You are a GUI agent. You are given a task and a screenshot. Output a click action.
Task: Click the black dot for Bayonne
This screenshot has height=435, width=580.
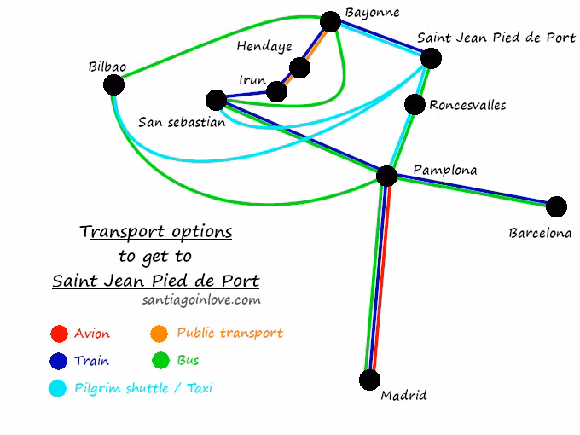click(x=330, y=23)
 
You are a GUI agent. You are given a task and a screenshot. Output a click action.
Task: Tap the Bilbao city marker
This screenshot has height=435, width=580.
click(x=113, y=84)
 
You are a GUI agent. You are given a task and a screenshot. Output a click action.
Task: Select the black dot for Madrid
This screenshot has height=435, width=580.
click(x=369, y=380)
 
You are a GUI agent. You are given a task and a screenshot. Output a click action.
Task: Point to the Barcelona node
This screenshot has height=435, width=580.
click(x=556, y=206)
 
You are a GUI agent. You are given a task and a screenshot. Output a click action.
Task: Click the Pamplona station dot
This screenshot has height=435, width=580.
click(x=386, y=176)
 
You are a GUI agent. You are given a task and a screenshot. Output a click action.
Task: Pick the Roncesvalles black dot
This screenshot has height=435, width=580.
click(x=415, y=104)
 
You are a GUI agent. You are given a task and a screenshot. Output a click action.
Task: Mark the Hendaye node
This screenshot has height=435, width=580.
click(x=299, y=67)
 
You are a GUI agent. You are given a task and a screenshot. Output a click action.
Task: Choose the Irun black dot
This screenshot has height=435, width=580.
click(x=276, y=91)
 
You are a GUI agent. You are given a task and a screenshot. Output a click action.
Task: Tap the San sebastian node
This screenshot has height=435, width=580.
click(x=217, y=100)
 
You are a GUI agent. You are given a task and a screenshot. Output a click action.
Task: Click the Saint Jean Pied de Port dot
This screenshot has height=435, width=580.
click(x=431, y=58)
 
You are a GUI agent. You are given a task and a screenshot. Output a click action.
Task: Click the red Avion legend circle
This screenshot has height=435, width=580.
click(x=59, y=333)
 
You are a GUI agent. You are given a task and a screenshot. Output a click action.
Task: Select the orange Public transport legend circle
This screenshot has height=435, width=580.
click(x=159, y=333)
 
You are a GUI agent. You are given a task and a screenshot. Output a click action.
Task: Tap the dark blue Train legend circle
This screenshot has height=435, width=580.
click(x=59, y=361)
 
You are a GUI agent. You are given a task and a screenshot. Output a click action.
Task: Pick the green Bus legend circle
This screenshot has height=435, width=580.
click(x=159, y=361)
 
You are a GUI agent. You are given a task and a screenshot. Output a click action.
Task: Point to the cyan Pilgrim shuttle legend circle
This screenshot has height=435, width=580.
click(x=59, y=388)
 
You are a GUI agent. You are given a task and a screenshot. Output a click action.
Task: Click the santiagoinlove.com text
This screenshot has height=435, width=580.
click(x=201, y=300)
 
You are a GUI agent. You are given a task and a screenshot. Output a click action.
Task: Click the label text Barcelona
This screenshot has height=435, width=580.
click(x=540, y=233)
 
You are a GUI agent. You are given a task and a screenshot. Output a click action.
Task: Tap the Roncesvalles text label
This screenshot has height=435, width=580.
click(x=467, y=106)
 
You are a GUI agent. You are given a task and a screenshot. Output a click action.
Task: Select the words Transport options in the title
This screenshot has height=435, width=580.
click(x=156, y=232)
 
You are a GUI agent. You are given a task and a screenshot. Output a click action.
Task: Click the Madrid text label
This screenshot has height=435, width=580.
click(x=403, y=396)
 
